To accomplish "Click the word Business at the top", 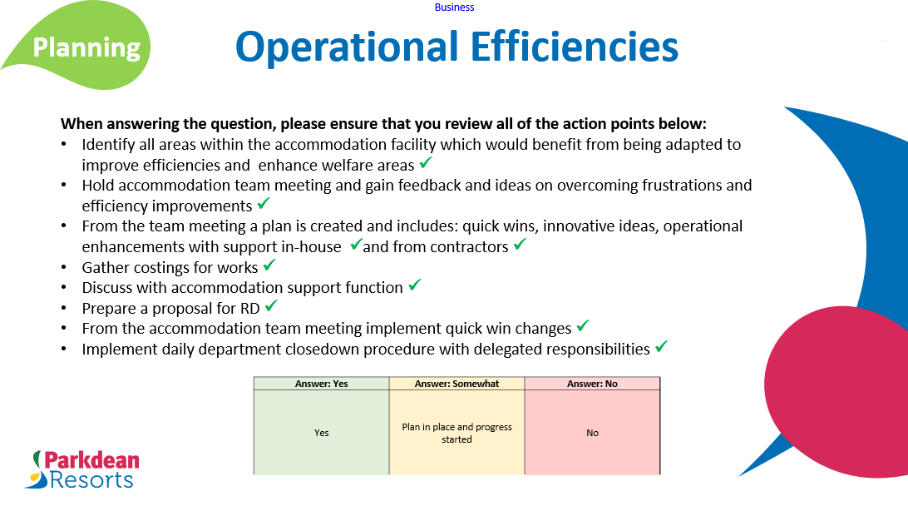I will tap(454, 7).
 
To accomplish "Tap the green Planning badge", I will tap(86, 47).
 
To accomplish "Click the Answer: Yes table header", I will tap(321, 384).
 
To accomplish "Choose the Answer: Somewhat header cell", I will tap(456, 384).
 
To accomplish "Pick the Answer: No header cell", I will tap(592, 384).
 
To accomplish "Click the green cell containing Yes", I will tap(321, 433).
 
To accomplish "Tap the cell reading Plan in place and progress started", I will tap(456, 433).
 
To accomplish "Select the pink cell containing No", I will tap(592, 433).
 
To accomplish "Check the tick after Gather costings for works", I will tap(269, 265).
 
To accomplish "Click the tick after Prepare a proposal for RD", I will tap(271, 306).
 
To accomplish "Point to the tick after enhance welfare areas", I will tap(426, 163).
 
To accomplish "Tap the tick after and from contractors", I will tap(520, 245).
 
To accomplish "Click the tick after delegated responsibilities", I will tap(661, 347).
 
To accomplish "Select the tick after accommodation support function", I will tap(414, 285).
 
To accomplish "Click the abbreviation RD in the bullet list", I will tap(249, 308).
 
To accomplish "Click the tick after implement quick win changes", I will tap(583, 326).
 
